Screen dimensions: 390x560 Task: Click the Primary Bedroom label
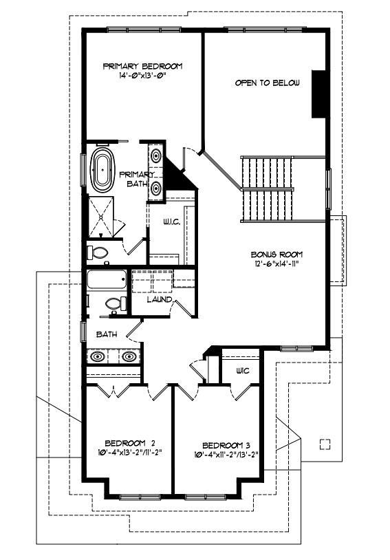[142, 66]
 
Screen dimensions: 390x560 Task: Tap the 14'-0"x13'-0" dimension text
[143, 76]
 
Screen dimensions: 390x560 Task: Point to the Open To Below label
[267, 83]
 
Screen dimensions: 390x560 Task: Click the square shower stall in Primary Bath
[100, 217]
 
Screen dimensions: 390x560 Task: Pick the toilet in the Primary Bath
[99, 252]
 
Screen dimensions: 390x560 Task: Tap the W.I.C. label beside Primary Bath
[172, 222]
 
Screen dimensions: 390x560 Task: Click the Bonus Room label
[277, 255]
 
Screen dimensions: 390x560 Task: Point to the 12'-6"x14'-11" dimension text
[274, 264]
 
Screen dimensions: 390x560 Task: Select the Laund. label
[160, 300]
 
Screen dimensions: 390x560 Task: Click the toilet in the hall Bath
[116, 304]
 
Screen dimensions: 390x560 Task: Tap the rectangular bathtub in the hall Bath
[107, 279]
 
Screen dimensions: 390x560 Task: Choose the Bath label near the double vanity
[107, 334]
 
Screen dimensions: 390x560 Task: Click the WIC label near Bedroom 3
[243, 371]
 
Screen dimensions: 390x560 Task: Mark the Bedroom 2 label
[130, 443]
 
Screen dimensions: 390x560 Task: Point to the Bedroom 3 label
[226, 446]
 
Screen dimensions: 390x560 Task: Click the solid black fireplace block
[318, 94]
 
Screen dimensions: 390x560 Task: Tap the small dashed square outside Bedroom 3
[325, 444]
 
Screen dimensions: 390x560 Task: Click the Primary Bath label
[137, 180]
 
